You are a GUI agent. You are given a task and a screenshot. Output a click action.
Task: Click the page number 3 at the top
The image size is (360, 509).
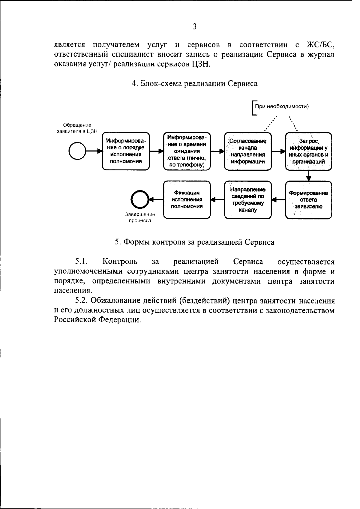[194, 27]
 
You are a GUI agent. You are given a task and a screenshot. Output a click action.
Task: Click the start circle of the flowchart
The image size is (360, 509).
[78, 151]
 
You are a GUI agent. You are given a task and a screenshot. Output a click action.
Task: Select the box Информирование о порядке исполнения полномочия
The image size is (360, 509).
[126, 151]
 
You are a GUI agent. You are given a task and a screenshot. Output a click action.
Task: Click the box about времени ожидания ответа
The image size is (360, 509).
[187, 151]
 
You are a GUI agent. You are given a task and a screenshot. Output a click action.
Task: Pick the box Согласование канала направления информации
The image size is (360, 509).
[248, 151]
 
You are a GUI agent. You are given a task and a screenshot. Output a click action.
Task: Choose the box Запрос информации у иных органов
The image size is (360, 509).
[308, 151]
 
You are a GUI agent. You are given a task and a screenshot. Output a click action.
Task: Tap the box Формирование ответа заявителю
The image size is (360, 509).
[308, 199]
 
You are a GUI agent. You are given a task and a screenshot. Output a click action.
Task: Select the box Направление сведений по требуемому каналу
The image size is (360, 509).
[248, 199]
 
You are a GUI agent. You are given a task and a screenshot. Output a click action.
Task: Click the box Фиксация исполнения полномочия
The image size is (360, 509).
[187, 199]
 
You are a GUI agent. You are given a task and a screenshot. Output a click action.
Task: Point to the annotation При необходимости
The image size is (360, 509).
[281, 106]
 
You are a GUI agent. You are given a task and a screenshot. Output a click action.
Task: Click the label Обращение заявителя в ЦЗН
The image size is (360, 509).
[77, 128]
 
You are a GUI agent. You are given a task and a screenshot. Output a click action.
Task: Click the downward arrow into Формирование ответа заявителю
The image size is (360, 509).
[309, 176]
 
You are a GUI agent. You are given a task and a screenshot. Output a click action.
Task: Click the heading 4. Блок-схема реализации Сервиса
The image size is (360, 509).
[195, 84]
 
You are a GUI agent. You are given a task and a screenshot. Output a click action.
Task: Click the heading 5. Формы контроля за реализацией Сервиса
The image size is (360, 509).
[195, 242]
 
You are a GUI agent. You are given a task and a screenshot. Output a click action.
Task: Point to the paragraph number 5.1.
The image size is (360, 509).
[81, 262]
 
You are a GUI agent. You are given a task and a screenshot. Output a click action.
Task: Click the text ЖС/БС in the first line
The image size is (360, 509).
[320, 45]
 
